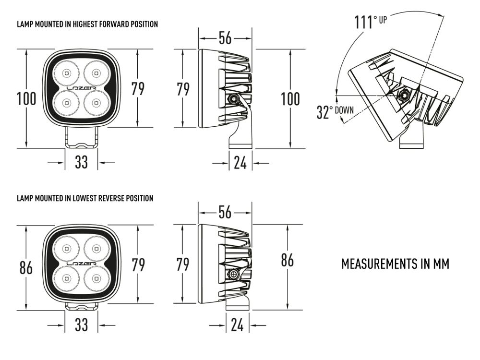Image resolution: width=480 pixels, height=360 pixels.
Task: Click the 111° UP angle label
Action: click(x=370, y=22)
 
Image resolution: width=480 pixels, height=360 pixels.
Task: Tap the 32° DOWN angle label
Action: click(x=335, y=112)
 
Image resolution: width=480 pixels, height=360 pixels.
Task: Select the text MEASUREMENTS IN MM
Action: click(x=395, y=264)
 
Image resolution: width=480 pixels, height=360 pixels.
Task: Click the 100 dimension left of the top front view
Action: click(x=26, y=99)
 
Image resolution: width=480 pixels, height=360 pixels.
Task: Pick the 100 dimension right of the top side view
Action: click(x=290, y=99)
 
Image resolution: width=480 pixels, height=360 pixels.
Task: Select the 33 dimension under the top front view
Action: click(x=82, y=162)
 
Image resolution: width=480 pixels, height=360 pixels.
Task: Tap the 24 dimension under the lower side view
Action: click(x=237, y=325)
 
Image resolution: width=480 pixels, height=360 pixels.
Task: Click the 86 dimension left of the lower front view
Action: click(x=26, y=268)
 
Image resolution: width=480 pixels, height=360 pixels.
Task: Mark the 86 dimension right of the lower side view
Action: click(x=287, y=260)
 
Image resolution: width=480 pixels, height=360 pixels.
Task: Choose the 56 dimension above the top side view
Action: click(x=225, y=38)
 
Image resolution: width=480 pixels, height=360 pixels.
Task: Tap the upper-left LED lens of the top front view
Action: click(x=66, y=73)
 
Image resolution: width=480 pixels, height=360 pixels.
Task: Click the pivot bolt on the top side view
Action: click(x=233, y=99)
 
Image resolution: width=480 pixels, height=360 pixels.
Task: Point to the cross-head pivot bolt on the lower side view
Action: click(x=234, y=275)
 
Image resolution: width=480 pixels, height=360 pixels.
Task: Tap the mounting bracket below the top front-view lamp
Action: click(x=82, y=139)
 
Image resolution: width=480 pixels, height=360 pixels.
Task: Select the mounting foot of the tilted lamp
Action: click(x=411, y=140)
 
